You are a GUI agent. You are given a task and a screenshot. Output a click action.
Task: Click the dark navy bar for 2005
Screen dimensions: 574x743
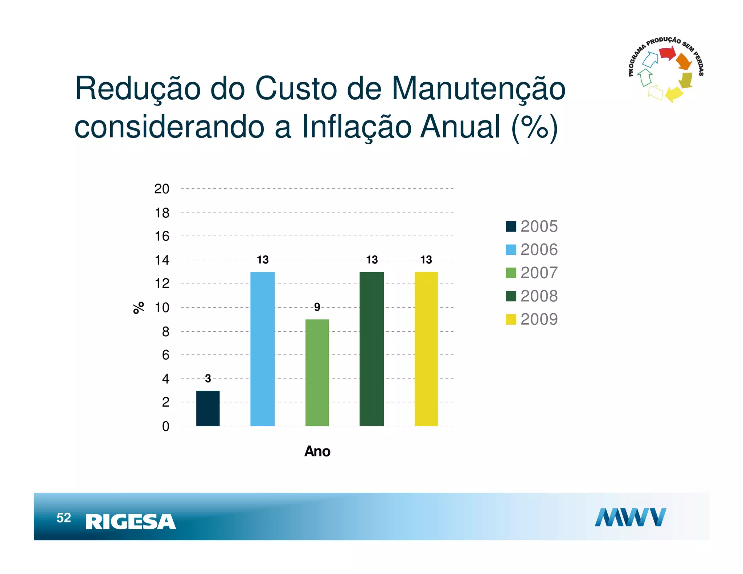tap(208, 408)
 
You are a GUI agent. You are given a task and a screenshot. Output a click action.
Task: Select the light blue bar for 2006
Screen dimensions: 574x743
tap(262, 349)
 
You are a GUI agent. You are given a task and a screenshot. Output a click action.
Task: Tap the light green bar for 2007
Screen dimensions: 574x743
tap(317, 373)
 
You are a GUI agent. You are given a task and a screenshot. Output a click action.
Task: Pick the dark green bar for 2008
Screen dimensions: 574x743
tap(371, 349)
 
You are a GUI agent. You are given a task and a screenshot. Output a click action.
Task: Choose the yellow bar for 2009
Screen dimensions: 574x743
tap(426, 349)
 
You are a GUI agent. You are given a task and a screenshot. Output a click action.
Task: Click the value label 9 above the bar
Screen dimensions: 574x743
tap(317, 307)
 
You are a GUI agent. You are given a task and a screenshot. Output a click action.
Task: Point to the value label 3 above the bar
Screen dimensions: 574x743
tap(208, 378)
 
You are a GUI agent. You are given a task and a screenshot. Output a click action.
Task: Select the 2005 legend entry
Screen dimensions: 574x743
tap(532, 226)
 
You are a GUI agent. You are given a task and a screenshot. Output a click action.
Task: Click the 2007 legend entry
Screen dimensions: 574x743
tap(532, 273)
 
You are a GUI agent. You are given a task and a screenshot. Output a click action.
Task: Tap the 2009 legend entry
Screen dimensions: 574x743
tap(532, 319)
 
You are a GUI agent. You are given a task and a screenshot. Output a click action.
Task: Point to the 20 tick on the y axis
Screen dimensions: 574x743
tap(162, 189)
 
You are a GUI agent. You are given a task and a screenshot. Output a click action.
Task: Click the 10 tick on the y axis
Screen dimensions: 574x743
tap(162, 308)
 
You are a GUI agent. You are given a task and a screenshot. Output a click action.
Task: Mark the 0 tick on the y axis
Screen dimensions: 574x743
tap(165, 426)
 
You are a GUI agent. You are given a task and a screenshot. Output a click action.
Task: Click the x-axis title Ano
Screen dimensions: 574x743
tap(317, 451)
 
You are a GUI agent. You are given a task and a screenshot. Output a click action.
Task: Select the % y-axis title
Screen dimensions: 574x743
tap(139, 308)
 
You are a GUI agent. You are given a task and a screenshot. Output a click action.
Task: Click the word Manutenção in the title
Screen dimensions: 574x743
tap(478, 89)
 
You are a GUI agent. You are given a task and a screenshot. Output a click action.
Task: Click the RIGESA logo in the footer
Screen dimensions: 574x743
tap(131, 522)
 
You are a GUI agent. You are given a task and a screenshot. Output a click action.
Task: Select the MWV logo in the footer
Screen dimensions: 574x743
tap(630, 517)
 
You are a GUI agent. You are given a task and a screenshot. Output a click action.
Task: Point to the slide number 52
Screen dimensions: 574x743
tap(64, 518)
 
